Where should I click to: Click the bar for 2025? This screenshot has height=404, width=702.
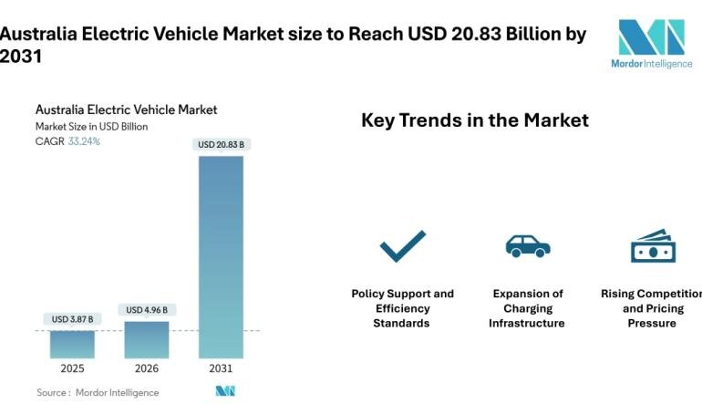(x=72, y=344)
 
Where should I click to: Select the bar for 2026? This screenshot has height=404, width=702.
(x=146, y=338)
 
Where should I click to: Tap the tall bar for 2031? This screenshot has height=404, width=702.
(x=221, y=256)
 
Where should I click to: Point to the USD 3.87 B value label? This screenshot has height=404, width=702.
(x=72, y=318)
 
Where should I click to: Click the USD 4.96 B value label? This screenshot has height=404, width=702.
(x=146, y=309)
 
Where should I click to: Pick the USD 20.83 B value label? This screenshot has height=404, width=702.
(x=221, y=144)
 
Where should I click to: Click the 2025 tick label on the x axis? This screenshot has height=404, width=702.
(x=72, y=369)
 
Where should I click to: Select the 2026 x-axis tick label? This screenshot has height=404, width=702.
(x=146, y=369)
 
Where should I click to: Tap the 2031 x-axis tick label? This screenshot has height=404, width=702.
(x=221, y=369)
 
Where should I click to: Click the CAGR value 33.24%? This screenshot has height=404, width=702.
(x=84, y=141)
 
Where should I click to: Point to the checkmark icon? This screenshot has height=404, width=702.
(x=402, y=245)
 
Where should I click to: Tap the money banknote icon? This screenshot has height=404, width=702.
(x=652, y=246)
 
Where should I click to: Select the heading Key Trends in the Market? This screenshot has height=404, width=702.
(x=474, y=119)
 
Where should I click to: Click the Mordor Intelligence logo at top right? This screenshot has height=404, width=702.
(x=651, y=44)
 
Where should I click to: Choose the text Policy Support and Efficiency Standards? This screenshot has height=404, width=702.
(x=402, y=308)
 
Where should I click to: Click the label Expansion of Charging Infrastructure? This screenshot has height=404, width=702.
(x=527, y=308)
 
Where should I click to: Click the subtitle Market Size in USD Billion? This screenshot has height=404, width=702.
(x=91, y=127)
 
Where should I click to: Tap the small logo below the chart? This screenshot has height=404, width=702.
(x=225, y=391)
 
